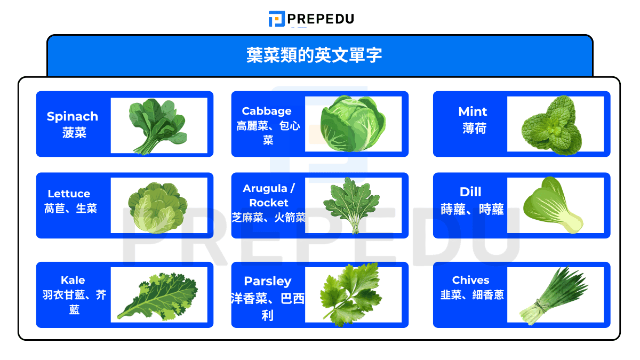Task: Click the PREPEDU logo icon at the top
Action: click(x=276, y=19)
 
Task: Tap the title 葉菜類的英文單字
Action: click(x=314, y=55)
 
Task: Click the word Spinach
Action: click(x=73, y=116)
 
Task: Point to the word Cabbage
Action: click(x=267, y=111)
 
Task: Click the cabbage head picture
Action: click(x=353, y=124)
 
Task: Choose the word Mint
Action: click(x=473, y=111)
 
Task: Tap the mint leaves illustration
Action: click(x=551, y=127)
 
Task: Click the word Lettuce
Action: click(x=69, y=194)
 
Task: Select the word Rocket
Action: click(x=268, y=203)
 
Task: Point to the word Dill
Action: click(x=470, y=191)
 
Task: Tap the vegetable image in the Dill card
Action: click(x=551, y=206)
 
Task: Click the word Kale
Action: click(x=73, y=280)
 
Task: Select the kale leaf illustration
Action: click(x=157, y=296)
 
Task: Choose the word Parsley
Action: click(x=268, y=281)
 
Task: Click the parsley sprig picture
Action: click(x=351, y=294)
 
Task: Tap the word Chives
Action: click(x=470, y=280)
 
